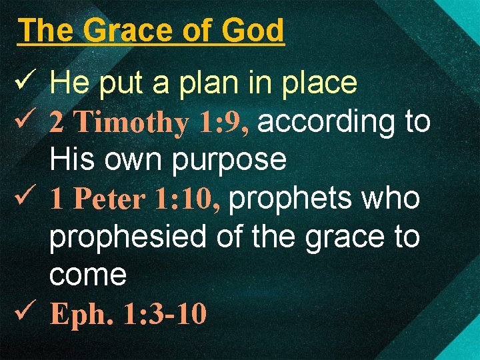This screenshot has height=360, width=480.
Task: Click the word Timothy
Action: point(131,123)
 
